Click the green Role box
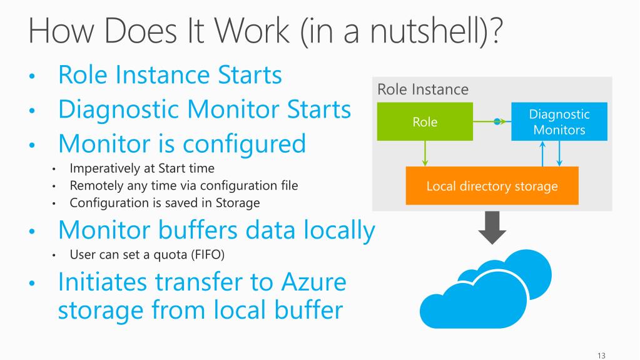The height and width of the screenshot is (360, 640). pyautogui.click(x=425, y=122)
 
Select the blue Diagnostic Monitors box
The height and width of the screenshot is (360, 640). pyautogui.click(x=559, y=122)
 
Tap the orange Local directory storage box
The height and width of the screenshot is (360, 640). pyautogui.click(x=492, y=186)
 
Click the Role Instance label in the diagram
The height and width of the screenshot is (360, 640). pyautogui.click(x=423, y=90)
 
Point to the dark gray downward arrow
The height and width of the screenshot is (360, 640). pyautogui.click(x=492, y=229)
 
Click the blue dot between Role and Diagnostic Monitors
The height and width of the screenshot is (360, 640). pyautogui.click(x=497, y=121)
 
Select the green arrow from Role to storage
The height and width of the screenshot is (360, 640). pyautogui.click(x=425, y=153)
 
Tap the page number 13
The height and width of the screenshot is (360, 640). pyautogui.click(x=602, y=356)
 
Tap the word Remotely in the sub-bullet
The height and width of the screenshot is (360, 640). pyautogui.click(x=93, y=185)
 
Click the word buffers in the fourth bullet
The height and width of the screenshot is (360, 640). pyautogui.click(x=203, y=230)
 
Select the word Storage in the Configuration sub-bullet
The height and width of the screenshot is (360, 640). pyautogui.click(x=238, y=202)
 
